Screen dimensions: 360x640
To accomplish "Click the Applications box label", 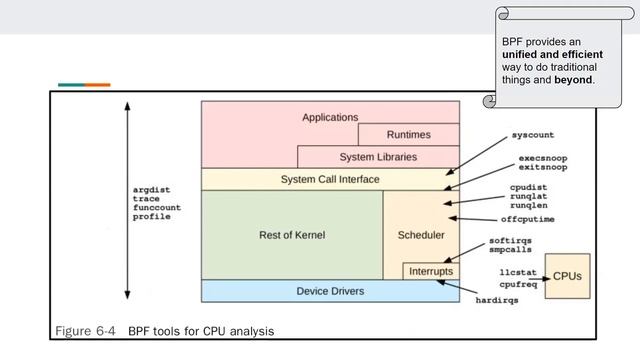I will (x=330, y=117).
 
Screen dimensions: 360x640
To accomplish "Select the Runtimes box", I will (x=409, y=135).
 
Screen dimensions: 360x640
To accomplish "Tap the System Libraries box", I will (x=378, y=157).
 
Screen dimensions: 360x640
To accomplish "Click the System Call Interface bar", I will (x=330, y=179).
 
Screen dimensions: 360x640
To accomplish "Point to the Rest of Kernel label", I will (x=292, y=234).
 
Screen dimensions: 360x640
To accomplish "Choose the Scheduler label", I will (x=421, y=234).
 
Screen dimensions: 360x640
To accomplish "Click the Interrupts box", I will (x=431, y=271).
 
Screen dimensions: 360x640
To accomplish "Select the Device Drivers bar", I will (x=330, y=291).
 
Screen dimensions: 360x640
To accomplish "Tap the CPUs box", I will (x=567, y=275).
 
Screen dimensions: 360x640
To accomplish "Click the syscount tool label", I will (x=532, y=134).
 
